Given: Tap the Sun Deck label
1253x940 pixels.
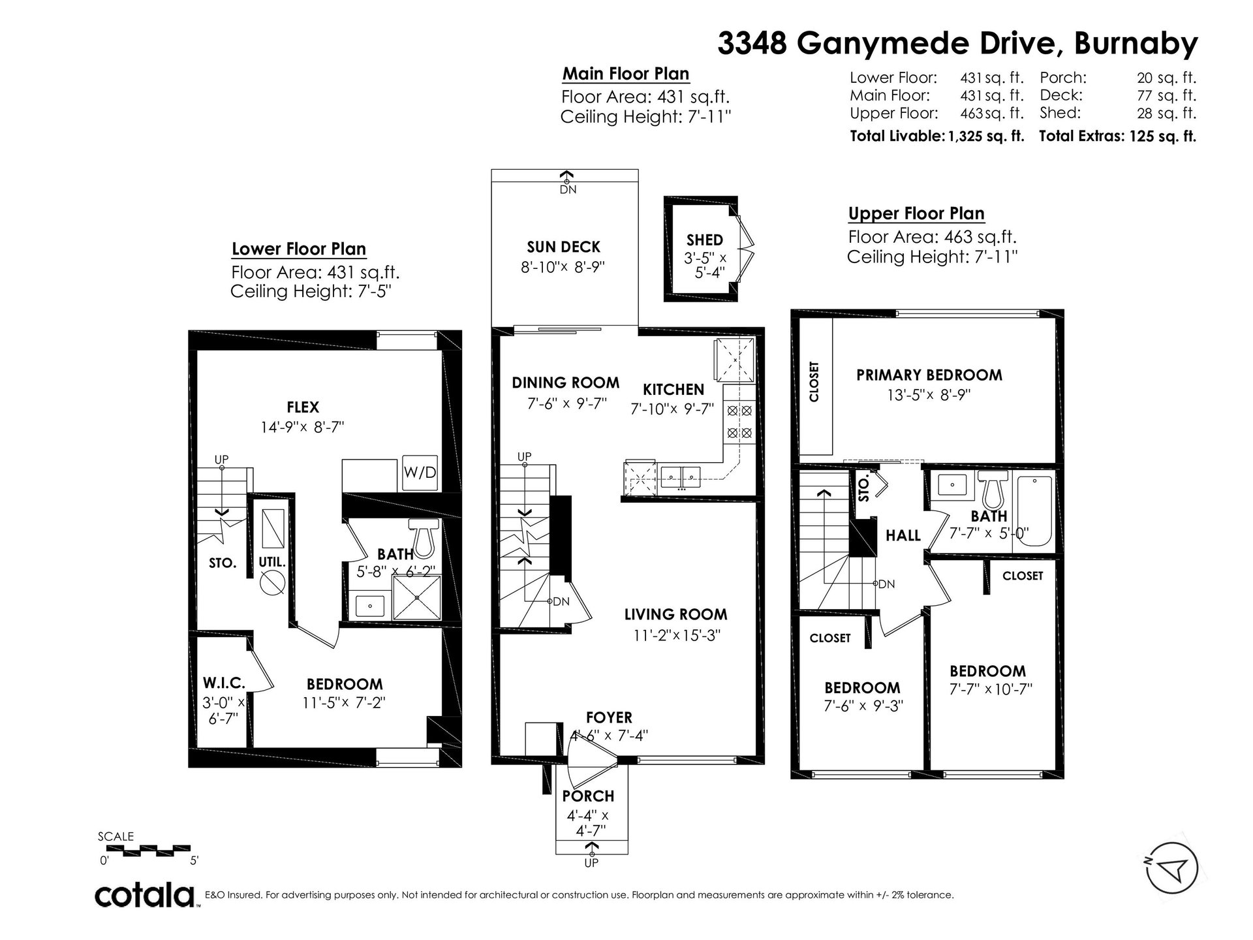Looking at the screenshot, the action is tap(563, 247).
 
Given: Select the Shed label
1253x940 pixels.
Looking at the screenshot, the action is tap(705, 240).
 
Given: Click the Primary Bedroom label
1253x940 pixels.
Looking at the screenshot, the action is tap(929, 375).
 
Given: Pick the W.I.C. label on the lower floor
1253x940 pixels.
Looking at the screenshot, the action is tap(224, 683).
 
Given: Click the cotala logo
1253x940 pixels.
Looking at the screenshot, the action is tap(146, 895).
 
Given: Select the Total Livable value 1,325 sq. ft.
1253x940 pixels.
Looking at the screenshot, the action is tap(986, 136).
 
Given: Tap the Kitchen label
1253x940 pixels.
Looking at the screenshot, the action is tap(673, 390).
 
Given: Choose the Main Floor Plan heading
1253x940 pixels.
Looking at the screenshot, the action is tap(626, 74).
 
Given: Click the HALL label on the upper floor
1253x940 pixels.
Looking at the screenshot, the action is tap(903, 535).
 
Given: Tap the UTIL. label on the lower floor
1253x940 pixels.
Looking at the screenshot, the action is tap(272, 561).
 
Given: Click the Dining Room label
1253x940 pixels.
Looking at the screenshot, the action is tap(565, 383).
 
